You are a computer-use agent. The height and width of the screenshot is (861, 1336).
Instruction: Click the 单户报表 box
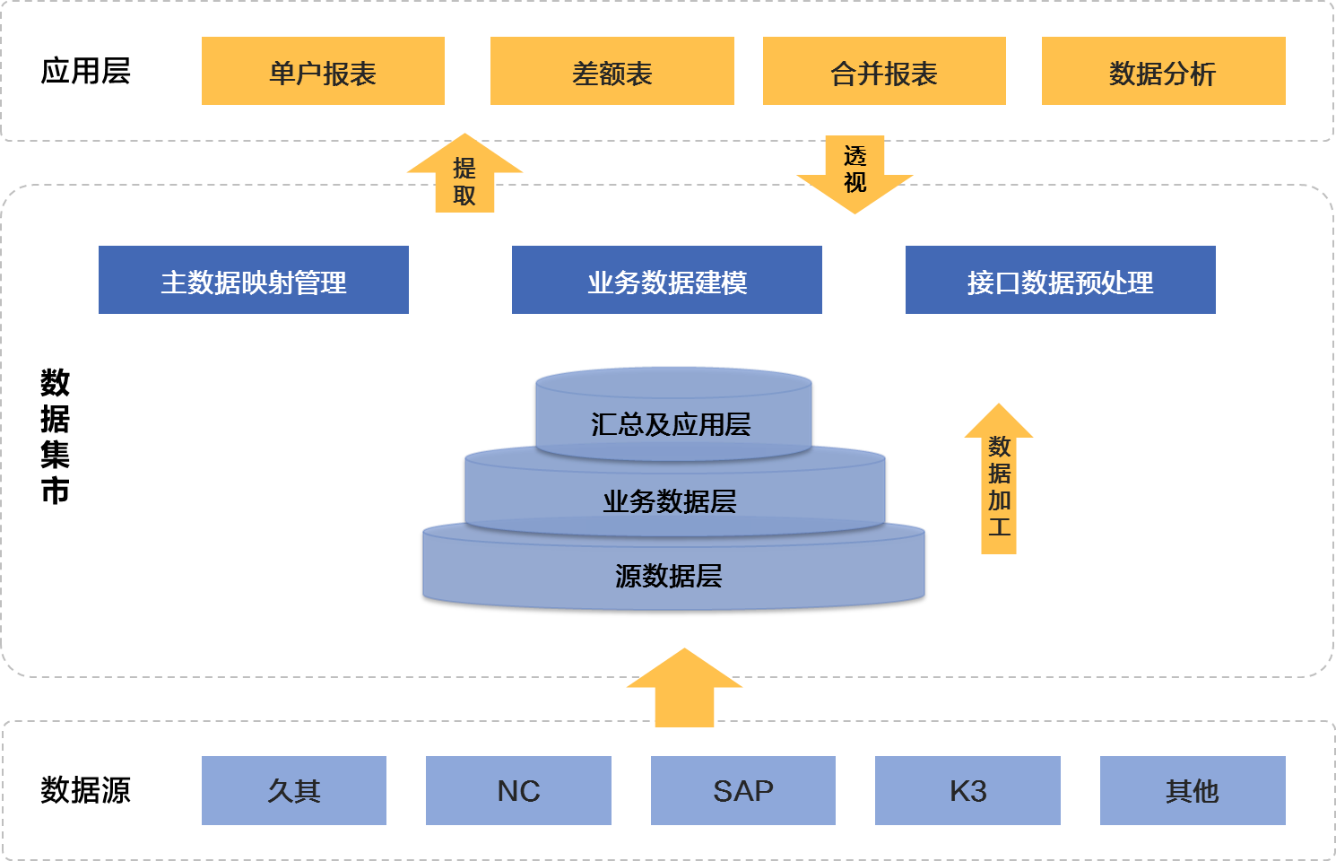(x=323, y=72)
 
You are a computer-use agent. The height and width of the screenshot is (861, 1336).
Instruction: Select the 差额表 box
(x=612, y=72)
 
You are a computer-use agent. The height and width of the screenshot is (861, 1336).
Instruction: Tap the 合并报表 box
(x=884, y=72)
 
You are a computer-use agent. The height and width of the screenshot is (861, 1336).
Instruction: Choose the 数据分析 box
(x=1163, y=72)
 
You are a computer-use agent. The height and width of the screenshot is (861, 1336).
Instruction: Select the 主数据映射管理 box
(x=254, y=281)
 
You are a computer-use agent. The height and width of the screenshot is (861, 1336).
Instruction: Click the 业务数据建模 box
(x=666, y=281)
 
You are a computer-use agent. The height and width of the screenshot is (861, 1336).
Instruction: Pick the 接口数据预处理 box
(x=1060, y=281)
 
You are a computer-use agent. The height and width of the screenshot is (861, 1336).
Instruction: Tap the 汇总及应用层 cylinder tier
(x=672, y=422)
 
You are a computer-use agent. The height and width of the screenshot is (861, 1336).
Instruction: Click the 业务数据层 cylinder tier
(x=671, y=500)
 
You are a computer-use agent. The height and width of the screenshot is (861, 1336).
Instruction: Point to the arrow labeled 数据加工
(x=999, y=484)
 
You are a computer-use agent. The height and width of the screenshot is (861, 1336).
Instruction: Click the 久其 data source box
(x=294, y=790)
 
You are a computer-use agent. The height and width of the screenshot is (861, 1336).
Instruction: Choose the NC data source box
(x=518, y=790)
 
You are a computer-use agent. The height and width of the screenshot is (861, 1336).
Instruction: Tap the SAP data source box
(x=743, y=790)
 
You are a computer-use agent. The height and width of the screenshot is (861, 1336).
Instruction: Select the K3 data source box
(x=967, y=790)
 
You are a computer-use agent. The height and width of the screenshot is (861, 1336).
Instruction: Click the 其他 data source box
(x=1193, y=790)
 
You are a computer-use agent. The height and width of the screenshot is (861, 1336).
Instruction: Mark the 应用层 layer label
(x=85, y=71)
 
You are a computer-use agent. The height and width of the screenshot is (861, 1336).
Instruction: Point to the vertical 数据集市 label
(x=55, y=437)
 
